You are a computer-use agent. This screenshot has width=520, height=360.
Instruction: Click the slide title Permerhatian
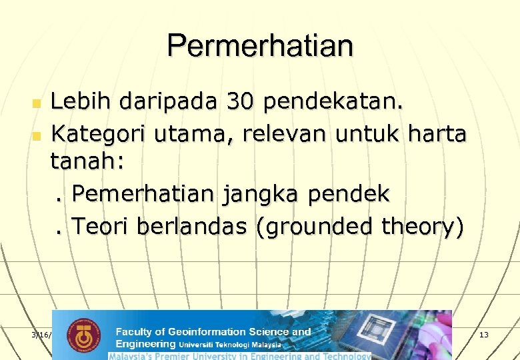(260, 45)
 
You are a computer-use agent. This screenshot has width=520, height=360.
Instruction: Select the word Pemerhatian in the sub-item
(143, 195)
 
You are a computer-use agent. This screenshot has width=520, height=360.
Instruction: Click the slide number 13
(483, 334)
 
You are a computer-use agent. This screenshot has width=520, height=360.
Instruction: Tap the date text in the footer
(41, 334)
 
